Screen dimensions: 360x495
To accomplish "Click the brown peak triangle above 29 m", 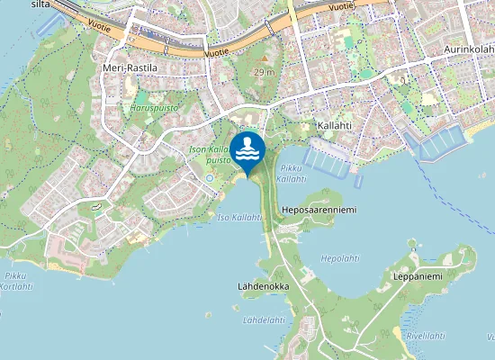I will pos(265,59).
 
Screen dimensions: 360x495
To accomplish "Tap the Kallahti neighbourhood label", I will pos(334,125).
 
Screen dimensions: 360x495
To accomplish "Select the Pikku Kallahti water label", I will pos(292,174).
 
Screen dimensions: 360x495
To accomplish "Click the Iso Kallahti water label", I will pos(238,218).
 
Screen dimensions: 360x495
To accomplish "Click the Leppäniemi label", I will pos(418,276).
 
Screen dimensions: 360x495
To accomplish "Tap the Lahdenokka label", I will pos(264,286).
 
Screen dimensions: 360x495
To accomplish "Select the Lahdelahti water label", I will pos(263,319).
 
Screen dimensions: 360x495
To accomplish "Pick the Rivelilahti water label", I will pos(426,335).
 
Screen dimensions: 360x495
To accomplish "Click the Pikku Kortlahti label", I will pos(17,281).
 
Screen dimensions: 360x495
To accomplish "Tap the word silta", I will pos(40,4).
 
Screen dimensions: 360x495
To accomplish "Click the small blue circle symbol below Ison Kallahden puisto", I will pos(209,177).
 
